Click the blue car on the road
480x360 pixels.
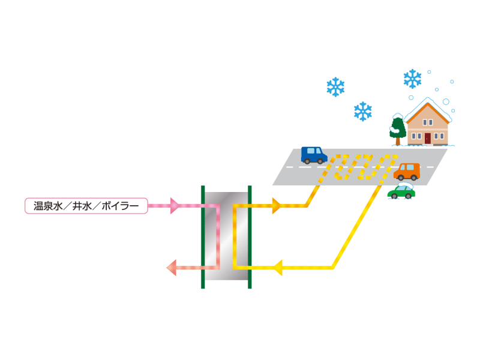(314, 155)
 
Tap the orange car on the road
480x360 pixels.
(407, 172)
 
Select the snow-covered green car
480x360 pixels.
(401, 191)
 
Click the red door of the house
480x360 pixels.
(428, 139)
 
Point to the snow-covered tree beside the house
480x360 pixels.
(398, 129)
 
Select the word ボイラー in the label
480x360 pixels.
(119, 206)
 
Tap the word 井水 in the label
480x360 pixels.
(82, 206)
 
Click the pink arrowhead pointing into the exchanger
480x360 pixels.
(175, 206)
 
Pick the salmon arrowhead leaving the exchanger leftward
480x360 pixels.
(172, 268)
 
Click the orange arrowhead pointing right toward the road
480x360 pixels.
(277, 206)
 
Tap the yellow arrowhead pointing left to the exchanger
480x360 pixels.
(278, 268)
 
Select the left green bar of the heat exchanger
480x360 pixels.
(203, 237)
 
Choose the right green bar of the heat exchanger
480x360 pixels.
(250, 237)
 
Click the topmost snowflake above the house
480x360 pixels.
(412, 79)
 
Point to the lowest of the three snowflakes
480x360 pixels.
(363, 112)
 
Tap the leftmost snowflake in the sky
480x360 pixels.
(335, 87)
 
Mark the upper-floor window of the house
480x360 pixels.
(428, 122)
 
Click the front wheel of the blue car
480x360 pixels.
(320, 161)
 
